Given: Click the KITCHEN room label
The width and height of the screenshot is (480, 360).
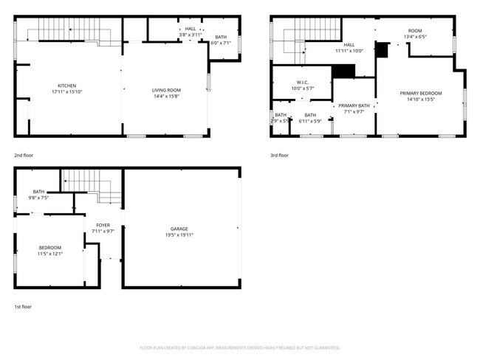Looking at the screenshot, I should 67,86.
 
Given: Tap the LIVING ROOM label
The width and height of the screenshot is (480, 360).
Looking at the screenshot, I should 167,90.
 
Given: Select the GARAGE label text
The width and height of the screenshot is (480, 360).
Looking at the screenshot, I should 179,229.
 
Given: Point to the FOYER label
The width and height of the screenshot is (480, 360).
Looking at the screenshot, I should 103,225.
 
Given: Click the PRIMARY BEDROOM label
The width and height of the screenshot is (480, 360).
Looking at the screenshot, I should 421,93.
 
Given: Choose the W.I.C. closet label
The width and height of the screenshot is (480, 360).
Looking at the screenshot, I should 302,83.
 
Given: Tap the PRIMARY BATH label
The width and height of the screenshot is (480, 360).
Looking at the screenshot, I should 353,106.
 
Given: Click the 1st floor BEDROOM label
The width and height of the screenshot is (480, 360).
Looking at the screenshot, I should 50,247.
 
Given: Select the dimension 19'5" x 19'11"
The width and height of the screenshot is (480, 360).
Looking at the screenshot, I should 179,235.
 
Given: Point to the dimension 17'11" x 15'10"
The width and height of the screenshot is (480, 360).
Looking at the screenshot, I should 67,91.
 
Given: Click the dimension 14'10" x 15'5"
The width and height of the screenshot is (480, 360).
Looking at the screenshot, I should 421,99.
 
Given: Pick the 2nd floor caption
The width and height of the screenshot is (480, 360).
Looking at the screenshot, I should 24,156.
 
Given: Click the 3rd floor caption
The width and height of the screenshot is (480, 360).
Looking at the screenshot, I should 279,156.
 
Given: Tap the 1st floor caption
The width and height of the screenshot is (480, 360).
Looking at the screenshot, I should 23,306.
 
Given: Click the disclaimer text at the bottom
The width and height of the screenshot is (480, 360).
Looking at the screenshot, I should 240,347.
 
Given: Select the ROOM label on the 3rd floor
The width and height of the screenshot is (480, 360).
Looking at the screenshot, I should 416,30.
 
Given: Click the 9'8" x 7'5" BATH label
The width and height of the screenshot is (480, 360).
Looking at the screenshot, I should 38,192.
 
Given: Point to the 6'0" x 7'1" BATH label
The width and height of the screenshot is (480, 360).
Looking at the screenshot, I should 221,37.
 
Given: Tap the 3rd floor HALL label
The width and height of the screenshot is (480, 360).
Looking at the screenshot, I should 349,45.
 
